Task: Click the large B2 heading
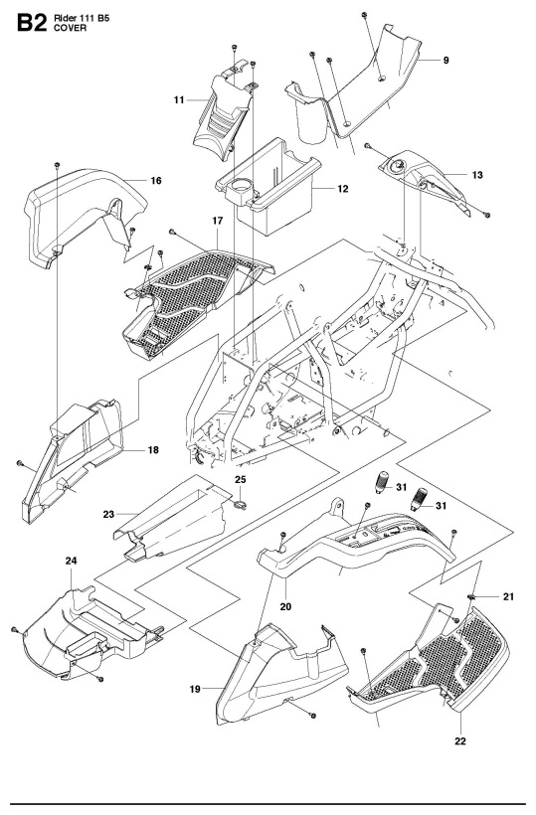click(x=32, y=24)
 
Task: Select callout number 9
click(x=447, y=61)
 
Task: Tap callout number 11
click(x=179, y=99)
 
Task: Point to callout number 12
click(x=343, y=189)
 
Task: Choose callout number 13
click(x=477, y=175)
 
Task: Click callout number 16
click(x=156, y=180)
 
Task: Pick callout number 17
click(x=218, y=221)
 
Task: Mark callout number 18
click(x=153, y=450)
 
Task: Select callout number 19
click(x=195, y=690)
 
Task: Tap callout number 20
click(x=285, y=606)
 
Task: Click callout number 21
click(x=508, y=596)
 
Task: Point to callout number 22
click(x=460, y=741)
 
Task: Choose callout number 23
click(x=108, y=515)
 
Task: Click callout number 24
click(x=72, y=561)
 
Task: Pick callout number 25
click(x=241, y=479)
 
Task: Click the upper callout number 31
click(x=402, y=487)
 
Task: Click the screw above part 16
click(x=58, y=165)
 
